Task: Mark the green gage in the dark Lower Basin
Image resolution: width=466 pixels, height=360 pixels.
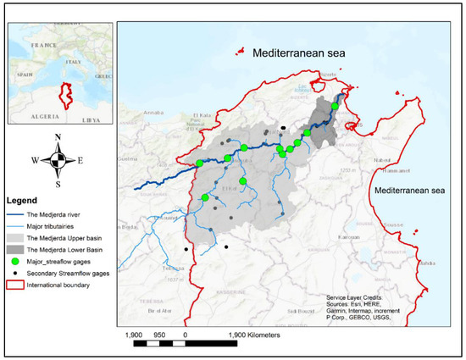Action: click(x=335, y=107)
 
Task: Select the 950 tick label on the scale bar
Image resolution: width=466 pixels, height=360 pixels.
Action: click(x=159, y=334)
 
